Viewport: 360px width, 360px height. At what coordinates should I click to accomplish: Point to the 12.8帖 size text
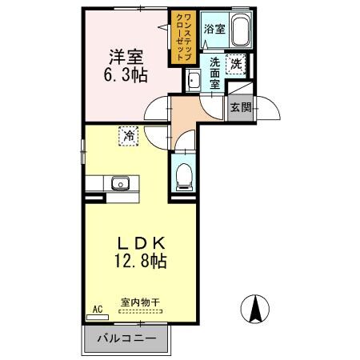coord(138,261)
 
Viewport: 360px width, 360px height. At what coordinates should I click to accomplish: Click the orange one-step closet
coord(178,38)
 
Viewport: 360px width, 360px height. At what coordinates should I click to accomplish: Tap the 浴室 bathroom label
coord(214,30)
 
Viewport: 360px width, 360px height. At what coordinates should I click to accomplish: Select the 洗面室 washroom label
coord(215,72)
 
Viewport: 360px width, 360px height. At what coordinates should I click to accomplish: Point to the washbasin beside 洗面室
coord(193,79)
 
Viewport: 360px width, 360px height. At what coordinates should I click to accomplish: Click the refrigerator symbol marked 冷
coord(128,136)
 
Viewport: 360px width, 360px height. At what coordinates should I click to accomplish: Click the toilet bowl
coord(182,174)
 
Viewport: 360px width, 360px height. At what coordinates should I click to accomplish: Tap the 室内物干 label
coord(140,302)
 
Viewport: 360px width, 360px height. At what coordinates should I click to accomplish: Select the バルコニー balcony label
coord(128,338)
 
